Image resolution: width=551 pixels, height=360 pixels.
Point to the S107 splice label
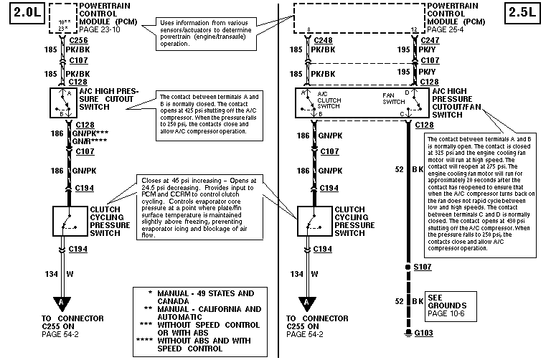point(423,267)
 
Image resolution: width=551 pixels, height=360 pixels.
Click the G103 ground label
point(423,333)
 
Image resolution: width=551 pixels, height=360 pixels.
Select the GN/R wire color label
point(85,141)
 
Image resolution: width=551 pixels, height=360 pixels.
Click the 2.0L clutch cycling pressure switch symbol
point(70,221)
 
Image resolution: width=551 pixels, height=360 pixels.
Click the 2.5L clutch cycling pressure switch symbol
point(313,221)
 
